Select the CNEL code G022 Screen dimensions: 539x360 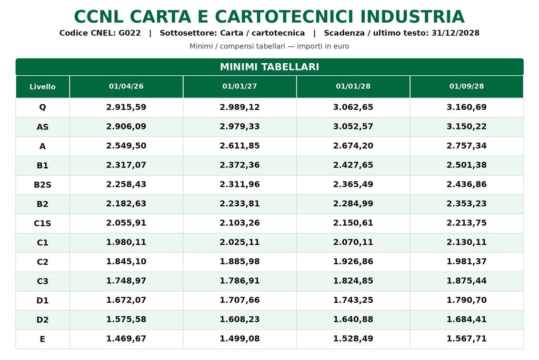coord(129,33)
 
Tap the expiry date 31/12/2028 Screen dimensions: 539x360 coord(455,33)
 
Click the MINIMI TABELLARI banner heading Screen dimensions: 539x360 coord(269,67)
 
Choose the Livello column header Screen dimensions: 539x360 coord(43,87)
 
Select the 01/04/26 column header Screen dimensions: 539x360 coord(126,86)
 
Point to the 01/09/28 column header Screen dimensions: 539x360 coord(466,86)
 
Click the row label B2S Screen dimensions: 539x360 coord(43,185)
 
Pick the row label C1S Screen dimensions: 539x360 coord(43,223)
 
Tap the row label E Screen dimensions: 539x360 coord(43,339)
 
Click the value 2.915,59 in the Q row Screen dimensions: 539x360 coord(126,107)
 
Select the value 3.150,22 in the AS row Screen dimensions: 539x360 coord(466,126)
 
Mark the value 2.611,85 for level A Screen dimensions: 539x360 coord(239,145)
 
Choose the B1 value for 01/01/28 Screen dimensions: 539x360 coord(353,165)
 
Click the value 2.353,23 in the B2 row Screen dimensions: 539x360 coord(466,204)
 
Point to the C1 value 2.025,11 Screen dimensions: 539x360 coord(239,242)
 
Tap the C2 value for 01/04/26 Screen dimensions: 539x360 coord(126,262)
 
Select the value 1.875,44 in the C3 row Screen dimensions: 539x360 coord(466,281)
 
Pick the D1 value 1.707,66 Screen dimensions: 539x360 coord(239,300)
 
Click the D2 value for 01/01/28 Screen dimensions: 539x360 coord(353,319)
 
